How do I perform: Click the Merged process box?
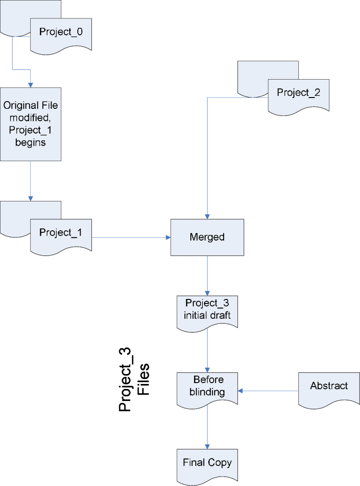(207, 237)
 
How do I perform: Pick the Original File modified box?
(31, 124)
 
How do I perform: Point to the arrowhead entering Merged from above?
(207, 216)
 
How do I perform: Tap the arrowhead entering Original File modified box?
(31, 85)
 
